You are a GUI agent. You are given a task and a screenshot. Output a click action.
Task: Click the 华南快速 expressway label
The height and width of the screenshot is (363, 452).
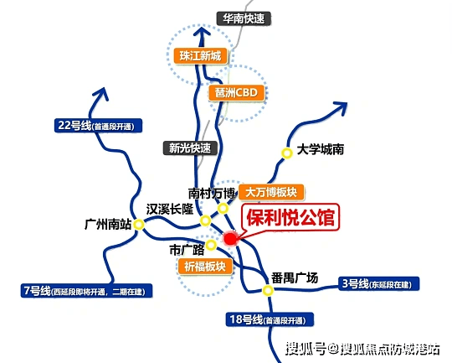click(244, 18)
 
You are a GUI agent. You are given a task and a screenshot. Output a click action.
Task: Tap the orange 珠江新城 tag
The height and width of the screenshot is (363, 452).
click(200, 55)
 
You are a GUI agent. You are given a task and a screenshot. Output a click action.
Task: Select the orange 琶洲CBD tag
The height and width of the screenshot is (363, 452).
click(236, 92)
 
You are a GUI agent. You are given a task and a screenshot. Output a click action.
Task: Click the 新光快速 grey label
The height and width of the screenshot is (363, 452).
click(190, 148)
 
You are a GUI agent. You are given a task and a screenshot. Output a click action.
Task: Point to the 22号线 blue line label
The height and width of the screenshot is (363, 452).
click(98, 126)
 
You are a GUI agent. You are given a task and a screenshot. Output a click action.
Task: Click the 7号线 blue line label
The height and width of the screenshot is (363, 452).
click(86, 291)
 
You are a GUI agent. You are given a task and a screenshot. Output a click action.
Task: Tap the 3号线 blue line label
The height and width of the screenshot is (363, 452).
click(379, 283)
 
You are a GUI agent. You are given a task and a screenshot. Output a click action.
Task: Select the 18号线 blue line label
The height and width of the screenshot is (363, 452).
click(270, 319)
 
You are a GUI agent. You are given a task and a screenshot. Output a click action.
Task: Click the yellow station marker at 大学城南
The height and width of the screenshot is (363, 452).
click(287, 153)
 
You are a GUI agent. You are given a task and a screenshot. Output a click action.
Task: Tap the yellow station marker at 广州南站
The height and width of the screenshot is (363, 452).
click(139, 224)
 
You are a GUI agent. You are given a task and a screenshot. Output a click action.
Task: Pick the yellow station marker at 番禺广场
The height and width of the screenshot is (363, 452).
click(268, 290)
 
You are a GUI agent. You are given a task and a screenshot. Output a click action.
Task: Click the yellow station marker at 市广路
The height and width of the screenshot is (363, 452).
click(211, 245)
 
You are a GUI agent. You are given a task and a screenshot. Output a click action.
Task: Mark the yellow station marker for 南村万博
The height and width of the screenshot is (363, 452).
click(223, 208)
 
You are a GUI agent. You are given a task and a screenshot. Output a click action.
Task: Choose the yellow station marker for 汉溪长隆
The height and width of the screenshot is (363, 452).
click(205, 221)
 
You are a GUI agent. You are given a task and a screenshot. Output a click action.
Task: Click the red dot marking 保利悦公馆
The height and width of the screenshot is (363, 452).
click(230, 239)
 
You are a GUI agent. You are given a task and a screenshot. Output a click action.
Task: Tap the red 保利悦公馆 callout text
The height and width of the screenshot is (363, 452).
click(290, 217)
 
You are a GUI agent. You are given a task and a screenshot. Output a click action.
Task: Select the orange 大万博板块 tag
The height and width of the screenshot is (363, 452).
click(271, 192)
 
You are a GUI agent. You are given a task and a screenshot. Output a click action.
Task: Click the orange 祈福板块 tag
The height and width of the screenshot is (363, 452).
click(205, 267)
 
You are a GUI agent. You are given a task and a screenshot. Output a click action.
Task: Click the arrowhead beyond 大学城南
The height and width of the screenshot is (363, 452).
click(340, 107)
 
